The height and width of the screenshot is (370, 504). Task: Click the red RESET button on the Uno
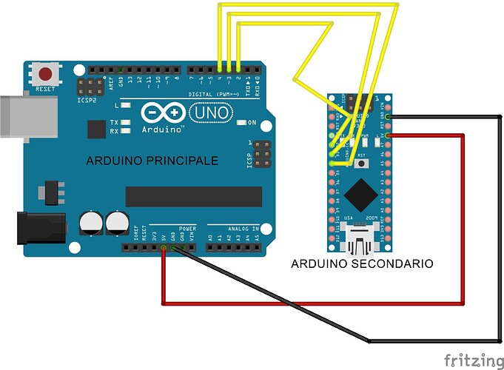coord(47,74)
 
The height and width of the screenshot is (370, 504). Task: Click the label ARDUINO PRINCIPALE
coord(152,161)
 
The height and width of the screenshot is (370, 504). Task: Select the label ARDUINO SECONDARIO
coord(362,263)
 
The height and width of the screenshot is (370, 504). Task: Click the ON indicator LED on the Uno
coord(242,122)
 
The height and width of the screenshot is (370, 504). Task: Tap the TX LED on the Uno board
coord(127,122)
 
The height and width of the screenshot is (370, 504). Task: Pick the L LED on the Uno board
coord(127,106)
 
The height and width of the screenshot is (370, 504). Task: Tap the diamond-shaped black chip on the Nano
coord(360,192)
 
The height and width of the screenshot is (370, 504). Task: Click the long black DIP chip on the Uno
coord(194,196)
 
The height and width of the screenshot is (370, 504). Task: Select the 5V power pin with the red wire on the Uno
coord(164,248)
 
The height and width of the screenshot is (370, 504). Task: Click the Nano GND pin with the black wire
coord(388,117)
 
